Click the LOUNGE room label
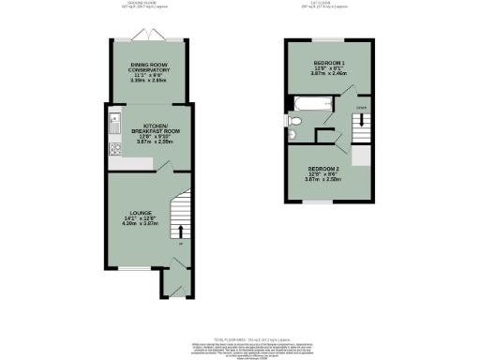click(x=132, y=215)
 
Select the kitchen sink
click(x=114, y=120)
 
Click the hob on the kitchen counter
click(x=114, y=147)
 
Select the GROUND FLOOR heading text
click(x=143, y=5)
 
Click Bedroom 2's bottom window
click(x=322, y=202)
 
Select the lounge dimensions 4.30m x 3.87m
click(x=132, y=226)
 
